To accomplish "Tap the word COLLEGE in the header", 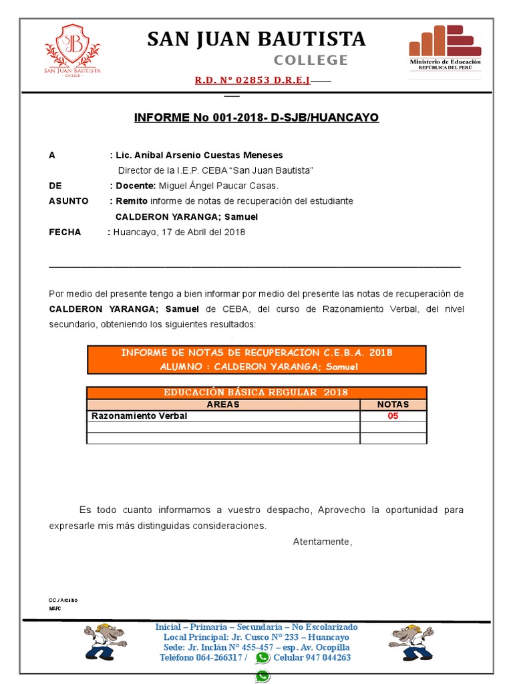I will pos(311,60).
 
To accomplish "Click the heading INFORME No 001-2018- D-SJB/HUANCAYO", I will pos(256,118).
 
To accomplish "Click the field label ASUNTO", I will pos(69,201).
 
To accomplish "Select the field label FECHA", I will pos(65,232).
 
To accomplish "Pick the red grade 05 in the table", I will pos(393,416).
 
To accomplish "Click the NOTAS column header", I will pos(393,405).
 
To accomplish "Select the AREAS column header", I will pos(223,405).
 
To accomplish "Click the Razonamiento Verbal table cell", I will pos(139,416).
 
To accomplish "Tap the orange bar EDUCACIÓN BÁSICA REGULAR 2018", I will pos(256,393).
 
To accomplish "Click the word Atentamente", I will pos(322,542).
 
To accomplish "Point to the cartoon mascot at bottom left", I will pos(104,641).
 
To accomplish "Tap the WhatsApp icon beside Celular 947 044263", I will pos(263,657).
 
